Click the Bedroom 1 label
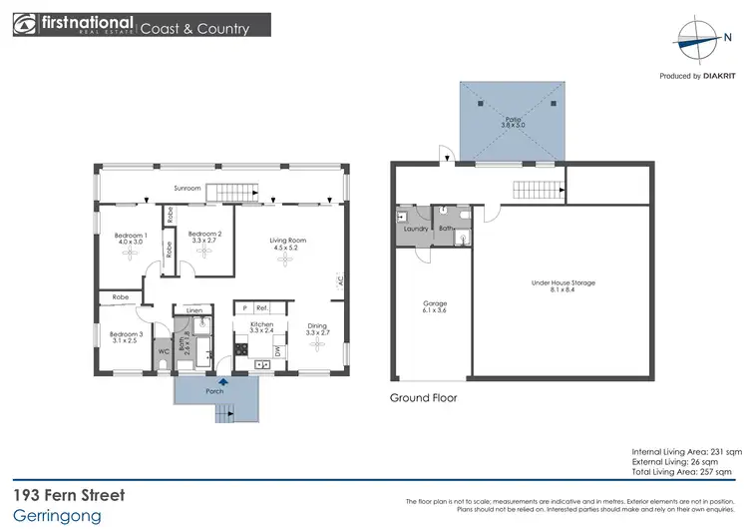pos(132,234)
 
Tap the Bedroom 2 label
pos(204,234)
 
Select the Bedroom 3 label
pos(125,333)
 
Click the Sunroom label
pos(187,188)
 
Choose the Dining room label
pos(316,325)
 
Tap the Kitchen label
pos(261,325)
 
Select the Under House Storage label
pos(562,282)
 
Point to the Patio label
pos(511,121)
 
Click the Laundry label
pos(415,229)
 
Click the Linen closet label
pos(192,310)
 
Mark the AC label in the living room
pos(339,280)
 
